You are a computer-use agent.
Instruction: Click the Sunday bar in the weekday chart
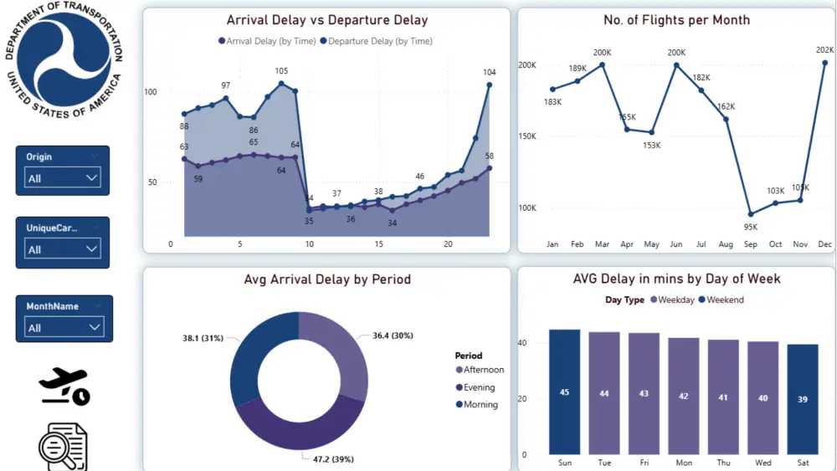[564, 391]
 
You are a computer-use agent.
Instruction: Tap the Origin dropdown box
[63, 177]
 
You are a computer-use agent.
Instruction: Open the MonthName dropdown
[63, 327]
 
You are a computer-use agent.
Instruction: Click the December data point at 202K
[825, 63]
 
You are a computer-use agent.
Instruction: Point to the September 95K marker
[751, 214]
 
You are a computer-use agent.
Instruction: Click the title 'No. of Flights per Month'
[676, 20]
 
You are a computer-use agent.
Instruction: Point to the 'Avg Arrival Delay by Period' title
[327, 279]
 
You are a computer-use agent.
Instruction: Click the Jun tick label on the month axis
[675, 244]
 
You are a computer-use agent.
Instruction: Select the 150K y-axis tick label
[526, 136]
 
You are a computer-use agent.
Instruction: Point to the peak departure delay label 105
[281, 71]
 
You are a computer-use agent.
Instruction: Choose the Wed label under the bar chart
[762, 463]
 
